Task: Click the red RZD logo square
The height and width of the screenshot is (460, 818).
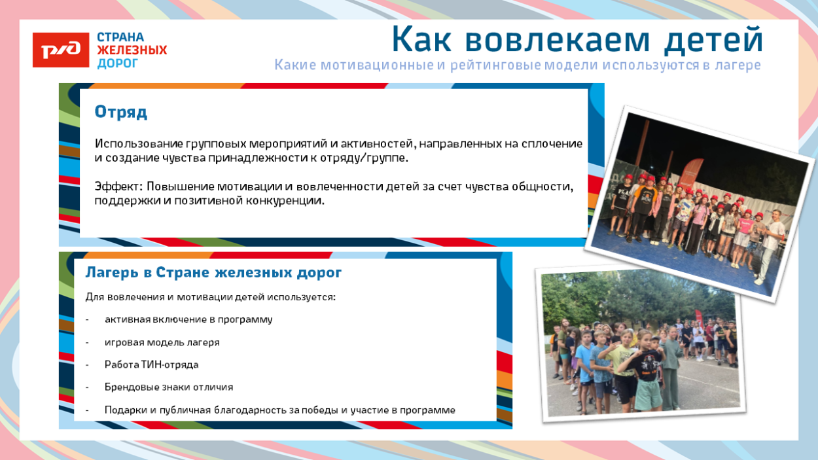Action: coord(61,50)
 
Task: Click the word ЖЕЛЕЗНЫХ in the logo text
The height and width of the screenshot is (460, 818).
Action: coord(132,50)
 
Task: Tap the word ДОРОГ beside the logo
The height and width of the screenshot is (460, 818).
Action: coord(118,63)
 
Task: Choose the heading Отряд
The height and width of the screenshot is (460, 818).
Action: coord(121,112)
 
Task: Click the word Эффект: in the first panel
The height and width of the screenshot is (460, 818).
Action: coord(118,186)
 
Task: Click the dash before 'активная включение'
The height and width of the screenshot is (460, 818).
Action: coord(87,320)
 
